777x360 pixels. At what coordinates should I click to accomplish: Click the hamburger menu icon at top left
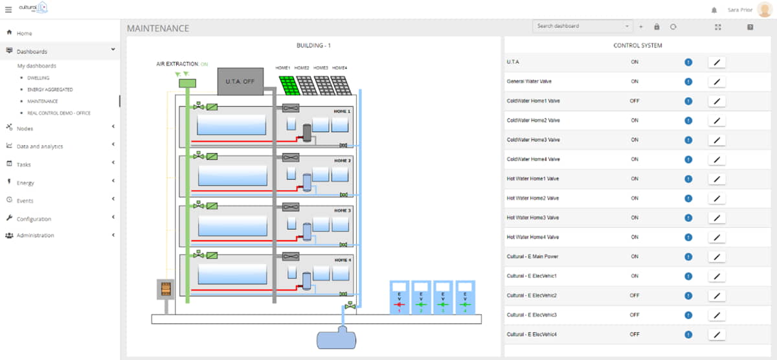(8, 10)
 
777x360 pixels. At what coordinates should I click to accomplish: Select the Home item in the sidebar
(24, 33)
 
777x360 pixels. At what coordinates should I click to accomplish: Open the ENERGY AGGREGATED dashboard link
(50, 89)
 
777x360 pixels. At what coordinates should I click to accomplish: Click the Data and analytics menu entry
(39, 146)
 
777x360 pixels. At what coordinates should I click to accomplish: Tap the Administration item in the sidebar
(35, 235)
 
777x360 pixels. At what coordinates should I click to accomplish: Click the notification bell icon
(714, 10)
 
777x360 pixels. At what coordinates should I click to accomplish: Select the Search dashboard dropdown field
(581, 27)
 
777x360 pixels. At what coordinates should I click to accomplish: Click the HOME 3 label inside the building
(342, 210)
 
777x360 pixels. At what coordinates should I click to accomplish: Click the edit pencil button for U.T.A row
(716, 62)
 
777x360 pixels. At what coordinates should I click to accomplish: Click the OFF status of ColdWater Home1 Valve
(635, 101)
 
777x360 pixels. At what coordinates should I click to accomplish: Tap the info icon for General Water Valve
(688, 82)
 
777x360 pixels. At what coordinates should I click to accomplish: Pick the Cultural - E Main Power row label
(532, 256)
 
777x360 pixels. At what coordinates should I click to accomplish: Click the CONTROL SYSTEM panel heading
(637, 46)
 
